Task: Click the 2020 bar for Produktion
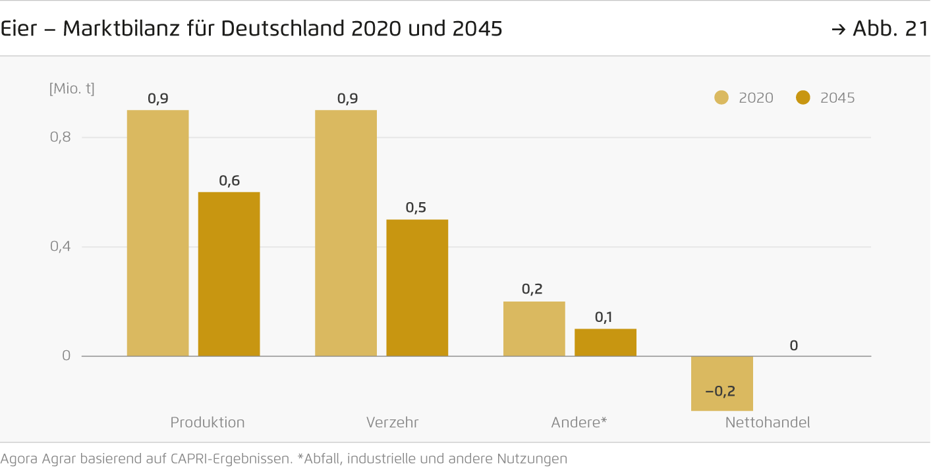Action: tap(157, 233)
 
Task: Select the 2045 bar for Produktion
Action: tap(229, 274)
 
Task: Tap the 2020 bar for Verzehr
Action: tap(346, 233)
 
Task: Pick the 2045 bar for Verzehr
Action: tap(417, 288)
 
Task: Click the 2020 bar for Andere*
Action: tap(534, 329)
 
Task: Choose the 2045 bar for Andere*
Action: tap(606, 342)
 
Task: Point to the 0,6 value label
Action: tap(229, 180)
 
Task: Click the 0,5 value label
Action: tap(416, 208)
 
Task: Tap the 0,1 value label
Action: tap(604, 317)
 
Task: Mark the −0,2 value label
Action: tap(720, 391)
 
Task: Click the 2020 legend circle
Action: tap(721, 98)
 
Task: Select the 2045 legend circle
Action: tap(803, 98)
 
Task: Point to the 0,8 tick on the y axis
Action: tap(61, 138)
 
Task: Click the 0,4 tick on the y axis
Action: tap(61, 247)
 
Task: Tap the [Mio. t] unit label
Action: tap(72, 88)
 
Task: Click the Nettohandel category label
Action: tap(768, 423)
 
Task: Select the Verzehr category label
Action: tap(392, 423)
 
